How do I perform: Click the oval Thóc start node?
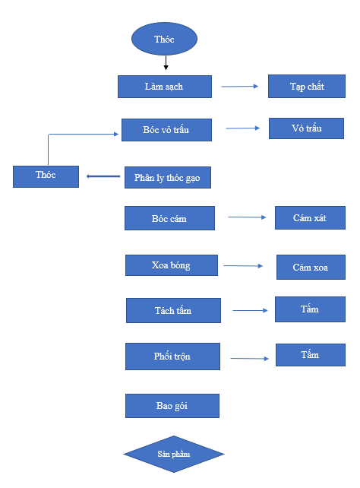coord(164,39)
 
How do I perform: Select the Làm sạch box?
coord(165,87)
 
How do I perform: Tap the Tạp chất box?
coord(307,86)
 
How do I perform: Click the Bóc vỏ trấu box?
coord(166,130)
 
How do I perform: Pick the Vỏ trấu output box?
coord(307,128)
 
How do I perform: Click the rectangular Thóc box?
coord(46,176)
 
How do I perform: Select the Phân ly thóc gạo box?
coord(168,177)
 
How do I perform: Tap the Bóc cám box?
coord(169,218)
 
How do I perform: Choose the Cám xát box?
coord(311,217)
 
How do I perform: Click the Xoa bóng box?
coord(172,265)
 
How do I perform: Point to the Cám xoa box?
coord(311,267)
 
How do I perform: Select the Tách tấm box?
coord(173,310)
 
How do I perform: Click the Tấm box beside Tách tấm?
coord(311,309)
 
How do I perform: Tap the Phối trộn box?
coord(173,356)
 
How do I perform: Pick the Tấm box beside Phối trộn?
coord(311,355)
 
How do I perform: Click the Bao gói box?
coord(172,406)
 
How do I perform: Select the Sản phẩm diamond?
coord(174,454)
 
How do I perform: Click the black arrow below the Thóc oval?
coord(166,63)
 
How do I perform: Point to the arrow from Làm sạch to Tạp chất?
coord(240,86)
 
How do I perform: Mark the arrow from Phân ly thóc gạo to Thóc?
coord(103,176)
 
